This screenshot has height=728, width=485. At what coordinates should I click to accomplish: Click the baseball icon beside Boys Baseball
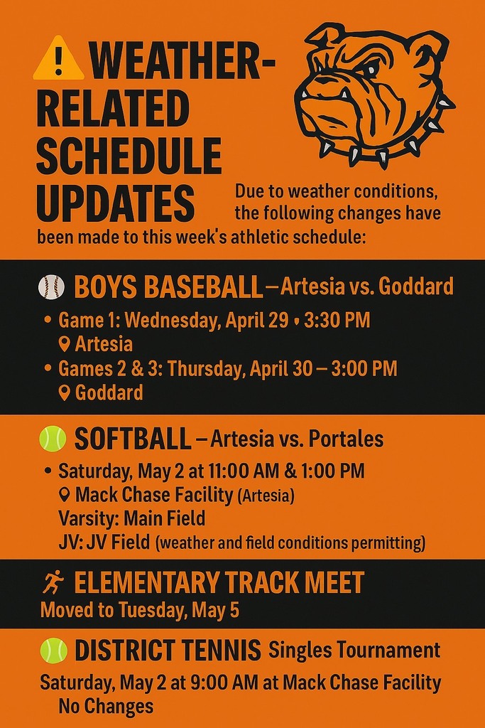click(x=51, y=287)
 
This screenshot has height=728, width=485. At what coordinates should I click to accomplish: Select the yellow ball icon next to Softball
click(x=53, y=439)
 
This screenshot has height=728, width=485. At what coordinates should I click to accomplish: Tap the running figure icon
click(x=53, y=583)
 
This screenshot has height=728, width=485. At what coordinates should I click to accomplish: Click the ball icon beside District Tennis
click(x=53, y=650)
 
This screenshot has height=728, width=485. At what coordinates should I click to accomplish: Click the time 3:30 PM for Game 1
click(x=337, y=320)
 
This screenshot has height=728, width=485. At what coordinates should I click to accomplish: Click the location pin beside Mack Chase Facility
click(x=65, y=495)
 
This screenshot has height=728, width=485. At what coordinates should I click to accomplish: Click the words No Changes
click(x=106, y=707)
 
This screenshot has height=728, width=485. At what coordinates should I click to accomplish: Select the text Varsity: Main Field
click(x=131, y=518)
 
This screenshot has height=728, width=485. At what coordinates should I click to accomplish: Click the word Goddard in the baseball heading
click(x=415, y=287)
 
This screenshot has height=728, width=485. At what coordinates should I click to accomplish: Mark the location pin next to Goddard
click(x=65, y=392)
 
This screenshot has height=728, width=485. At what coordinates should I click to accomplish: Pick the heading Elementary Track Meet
click(x=219, y=583)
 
